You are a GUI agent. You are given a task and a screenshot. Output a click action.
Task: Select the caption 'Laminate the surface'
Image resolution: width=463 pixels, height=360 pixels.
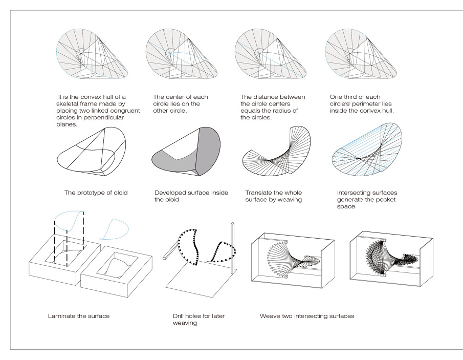point(76,315)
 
